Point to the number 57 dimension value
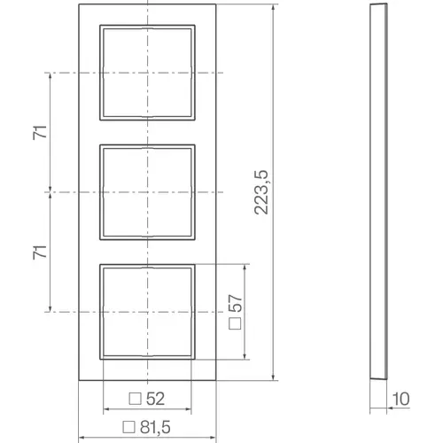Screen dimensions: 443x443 [x=235, y=303]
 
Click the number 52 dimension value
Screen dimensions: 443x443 [x=155, y=399]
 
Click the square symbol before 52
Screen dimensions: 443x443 [x=135, y=399]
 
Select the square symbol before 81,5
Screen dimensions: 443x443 [x=128, y=425]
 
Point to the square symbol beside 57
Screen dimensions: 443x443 [x=235, y=323]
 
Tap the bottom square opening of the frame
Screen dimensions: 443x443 [x=145, y=311]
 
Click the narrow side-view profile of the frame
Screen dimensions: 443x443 [x=376, y=190]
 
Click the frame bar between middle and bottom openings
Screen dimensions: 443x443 [x=145, y=251]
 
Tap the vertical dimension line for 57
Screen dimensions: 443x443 [x=245, y=311]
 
